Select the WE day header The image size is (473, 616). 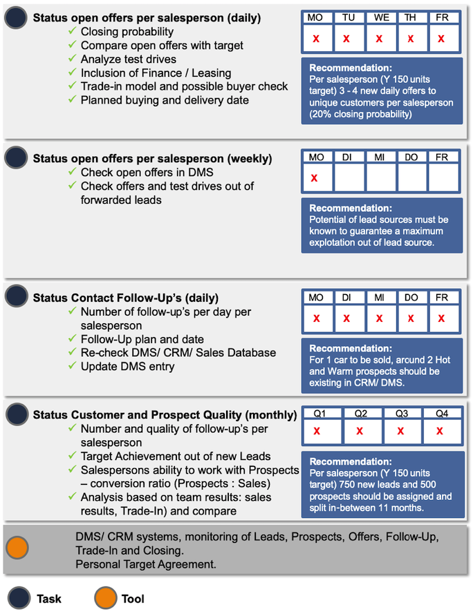379,17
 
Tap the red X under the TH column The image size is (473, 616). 411,39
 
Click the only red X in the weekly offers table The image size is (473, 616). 315,177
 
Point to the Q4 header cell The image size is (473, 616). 440,414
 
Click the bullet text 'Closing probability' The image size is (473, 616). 127,32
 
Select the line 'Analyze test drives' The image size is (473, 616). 129,59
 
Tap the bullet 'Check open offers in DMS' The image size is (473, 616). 147,172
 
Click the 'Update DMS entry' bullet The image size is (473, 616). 127,366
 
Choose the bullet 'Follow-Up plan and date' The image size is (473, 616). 142,339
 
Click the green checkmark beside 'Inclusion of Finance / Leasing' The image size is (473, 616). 73,73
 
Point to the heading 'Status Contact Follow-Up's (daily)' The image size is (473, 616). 126,298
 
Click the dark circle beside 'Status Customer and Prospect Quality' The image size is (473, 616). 16,414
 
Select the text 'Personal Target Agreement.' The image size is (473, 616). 145,564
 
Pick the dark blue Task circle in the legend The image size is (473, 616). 16,599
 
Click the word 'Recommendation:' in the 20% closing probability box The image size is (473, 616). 350,68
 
